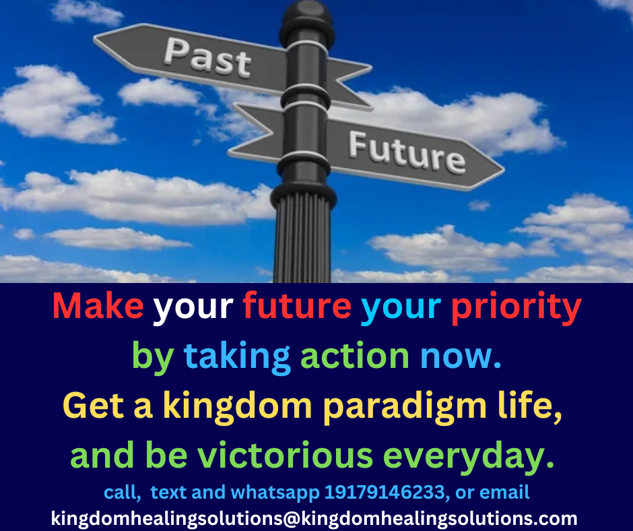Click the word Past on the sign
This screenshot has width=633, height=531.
(207, 57)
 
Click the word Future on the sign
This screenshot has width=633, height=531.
(407, 152)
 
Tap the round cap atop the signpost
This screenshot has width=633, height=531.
(307, 20)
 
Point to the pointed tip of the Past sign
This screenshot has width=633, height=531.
(94, 38)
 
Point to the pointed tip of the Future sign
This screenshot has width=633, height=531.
(504, 170)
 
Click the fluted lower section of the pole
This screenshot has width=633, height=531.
(302, 239)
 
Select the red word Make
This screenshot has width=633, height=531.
(98, 305)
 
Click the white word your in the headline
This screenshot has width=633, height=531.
(193, 309)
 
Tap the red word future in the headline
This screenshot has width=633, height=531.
(297, 305)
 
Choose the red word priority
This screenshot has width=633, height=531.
(516, 308)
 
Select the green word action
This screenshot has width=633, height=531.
(355, 356)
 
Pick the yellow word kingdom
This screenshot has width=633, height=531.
(237, 407)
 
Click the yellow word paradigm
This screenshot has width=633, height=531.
(405, 407)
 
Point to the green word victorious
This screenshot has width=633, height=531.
(285, 456)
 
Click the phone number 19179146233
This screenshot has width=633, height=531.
(385, 493)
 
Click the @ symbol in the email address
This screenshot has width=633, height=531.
(292, 519)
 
